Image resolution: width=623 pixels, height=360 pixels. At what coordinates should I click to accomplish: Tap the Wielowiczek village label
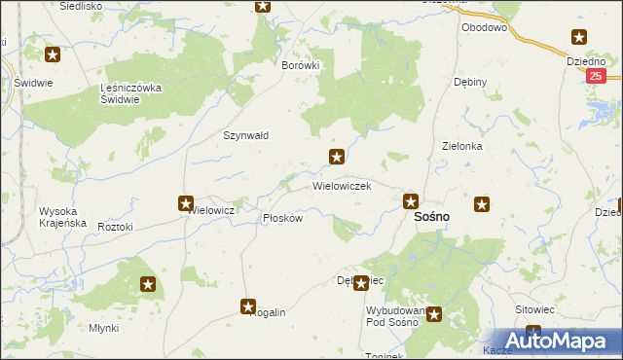341,185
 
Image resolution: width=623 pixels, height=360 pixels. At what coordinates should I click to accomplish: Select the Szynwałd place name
246,136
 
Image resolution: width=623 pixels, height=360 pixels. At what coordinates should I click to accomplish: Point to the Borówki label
300,65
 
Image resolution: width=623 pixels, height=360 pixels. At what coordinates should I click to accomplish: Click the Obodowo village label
485,28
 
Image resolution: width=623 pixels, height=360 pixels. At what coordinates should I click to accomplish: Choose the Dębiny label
470,82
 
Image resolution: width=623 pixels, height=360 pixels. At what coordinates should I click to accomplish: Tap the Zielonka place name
462,146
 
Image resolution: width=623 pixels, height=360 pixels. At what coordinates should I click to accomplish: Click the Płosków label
282,218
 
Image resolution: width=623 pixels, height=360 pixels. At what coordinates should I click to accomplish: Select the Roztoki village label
115,226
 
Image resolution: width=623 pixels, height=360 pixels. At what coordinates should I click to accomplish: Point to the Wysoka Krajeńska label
62,217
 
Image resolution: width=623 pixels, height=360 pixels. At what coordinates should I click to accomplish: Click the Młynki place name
103,328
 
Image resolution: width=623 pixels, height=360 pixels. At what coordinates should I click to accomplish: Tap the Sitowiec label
533,309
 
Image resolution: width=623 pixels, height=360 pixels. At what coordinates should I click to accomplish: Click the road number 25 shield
597,76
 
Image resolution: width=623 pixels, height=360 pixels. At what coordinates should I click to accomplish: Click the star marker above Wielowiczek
337,157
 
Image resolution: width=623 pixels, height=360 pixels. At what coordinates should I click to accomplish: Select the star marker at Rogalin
248,306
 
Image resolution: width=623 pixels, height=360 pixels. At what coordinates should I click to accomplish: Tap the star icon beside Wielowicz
185,203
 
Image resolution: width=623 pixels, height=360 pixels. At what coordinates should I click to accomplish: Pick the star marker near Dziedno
579,38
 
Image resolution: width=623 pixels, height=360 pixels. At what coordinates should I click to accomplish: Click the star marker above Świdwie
52,55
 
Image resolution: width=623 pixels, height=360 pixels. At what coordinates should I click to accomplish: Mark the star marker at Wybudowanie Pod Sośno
433,314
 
